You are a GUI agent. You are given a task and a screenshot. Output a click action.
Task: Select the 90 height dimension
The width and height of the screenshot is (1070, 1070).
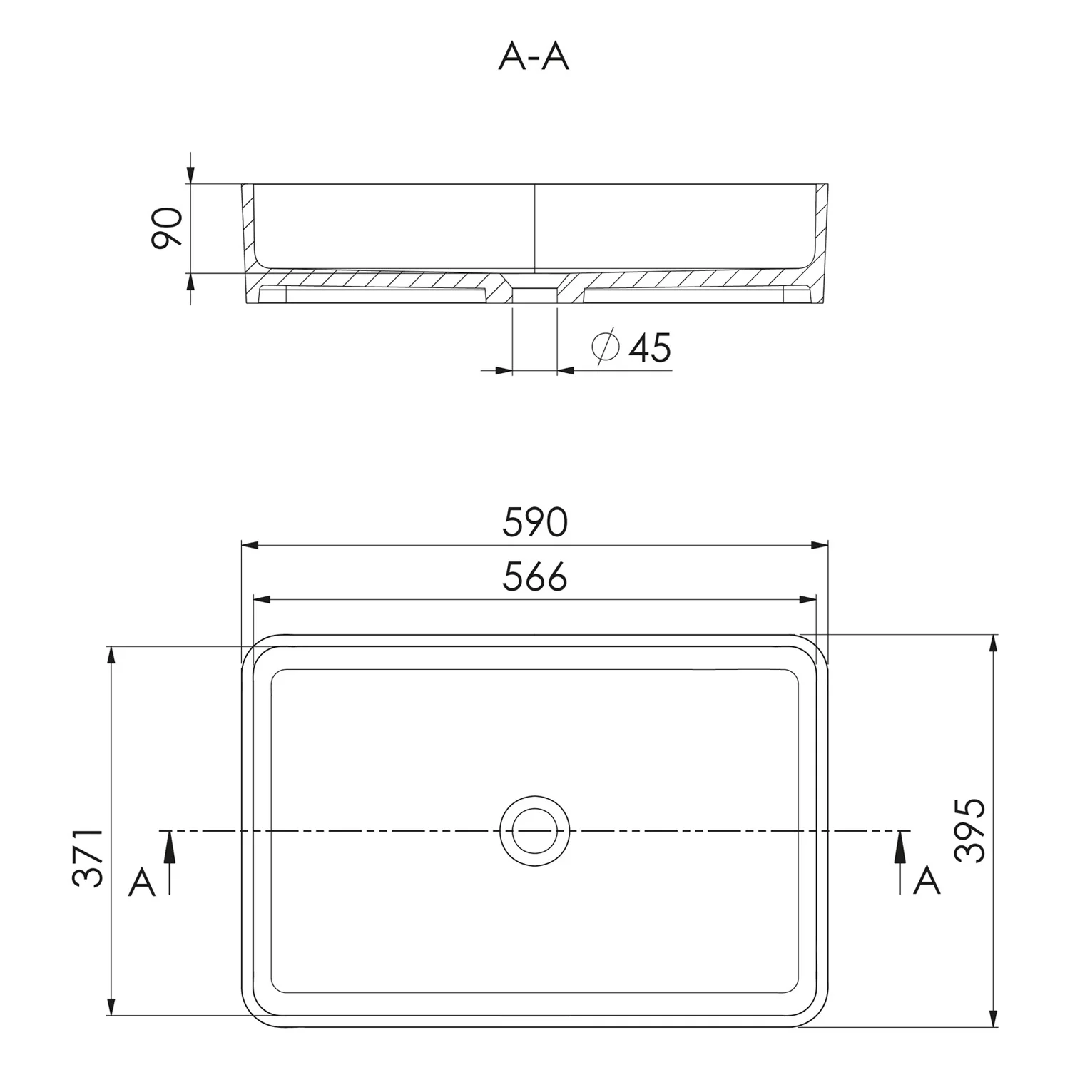tap(168, 228)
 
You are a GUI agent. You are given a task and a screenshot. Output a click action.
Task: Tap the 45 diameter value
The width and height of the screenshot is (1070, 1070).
tap(650, 347)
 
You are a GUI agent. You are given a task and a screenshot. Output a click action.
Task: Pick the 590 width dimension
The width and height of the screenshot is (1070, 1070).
tap(535, 522)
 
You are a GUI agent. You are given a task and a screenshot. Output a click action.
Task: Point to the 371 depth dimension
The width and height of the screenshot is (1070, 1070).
tap(89, 857)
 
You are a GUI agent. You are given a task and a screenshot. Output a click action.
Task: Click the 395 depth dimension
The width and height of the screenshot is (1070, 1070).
tap(971, 830)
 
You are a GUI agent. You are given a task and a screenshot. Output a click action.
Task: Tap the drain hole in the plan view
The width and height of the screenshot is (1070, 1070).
tap(536, 831)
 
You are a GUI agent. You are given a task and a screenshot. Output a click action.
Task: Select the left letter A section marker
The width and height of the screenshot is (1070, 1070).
tap(142, 883)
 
